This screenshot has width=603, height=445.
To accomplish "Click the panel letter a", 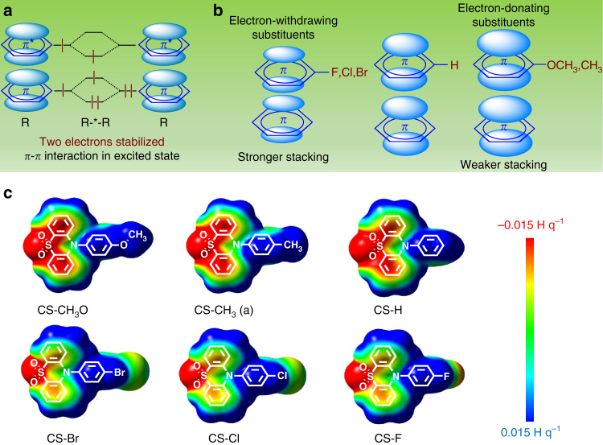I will [x=8, y=10].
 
